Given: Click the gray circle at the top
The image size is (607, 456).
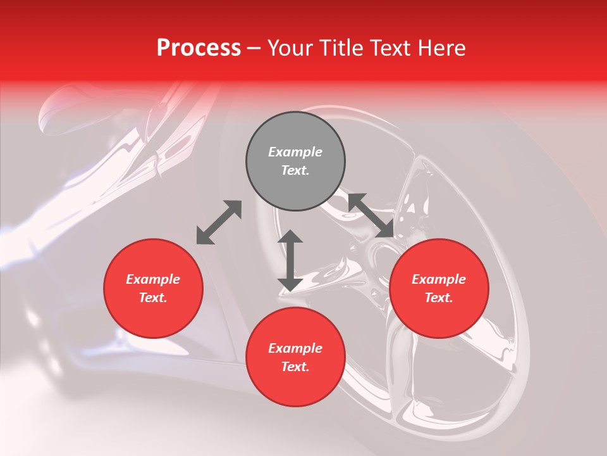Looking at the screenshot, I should [x=295, y=161].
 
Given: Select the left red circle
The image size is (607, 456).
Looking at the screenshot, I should [x=153, y=288].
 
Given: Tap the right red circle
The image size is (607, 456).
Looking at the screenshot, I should [x=439, y=288].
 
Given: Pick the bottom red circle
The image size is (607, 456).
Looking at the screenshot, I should [x=295, y=357].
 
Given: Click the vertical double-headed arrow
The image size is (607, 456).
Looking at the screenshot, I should [x=290, y=261].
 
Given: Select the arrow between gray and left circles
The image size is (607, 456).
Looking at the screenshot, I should [x=219, y=222].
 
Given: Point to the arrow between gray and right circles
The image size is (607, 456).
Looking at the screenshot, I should [x=371, y=215].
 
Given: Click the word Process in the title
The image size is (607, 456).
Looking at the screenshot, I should [x=199, y=48].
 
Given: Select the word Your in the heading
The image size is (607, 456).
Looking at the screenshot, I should [x=288, y=48].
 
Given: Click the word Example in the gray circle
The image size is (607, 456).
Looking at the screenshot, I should [x=295, y=152].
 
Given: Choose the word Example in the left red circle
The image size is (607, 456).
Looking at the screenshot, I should [x=153, y=279].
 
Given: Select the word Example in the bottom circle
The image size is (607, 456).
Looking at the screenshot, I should [x=295, y=348].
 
